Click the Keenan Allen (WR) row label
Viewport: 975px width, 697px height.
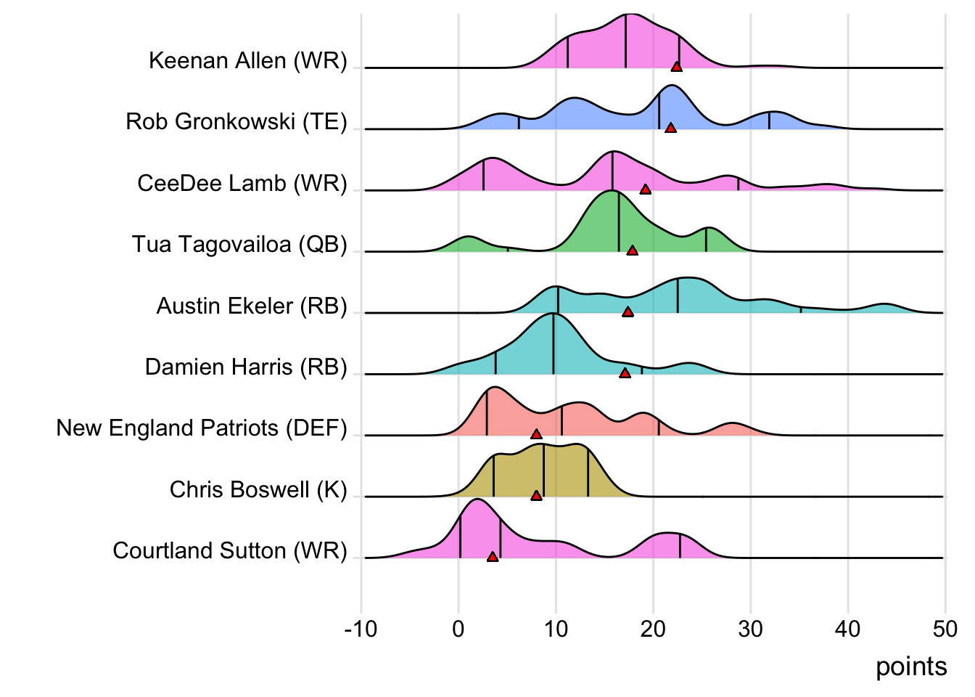coord(247,60)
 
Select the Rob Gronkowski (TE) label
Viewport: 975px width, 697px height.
coord(236,121)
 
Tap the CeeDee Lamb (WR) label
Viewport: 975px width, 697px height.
coord(242,183)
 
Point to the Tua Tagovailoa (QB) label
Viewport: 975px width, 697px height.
coord(239,244)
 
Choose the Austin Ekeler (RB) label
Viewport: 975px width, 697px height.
coord(252,306)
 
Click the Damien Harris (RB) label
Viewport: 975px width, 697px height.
coord(246,367)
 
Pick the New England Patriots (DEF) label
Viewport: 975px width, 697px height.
coord(202,428)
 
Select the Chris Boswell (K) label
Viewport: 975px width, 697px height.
coord(258,489)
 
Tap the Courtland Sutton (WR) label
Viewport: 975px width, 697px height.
coord(230,550)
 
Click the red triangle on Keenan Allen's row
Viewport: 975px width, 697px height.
coord(676,67)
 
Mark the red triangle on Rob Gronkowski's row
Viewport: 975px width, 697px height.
coord(670,128)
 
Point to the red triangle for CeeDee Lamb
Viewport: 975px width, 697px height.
coord(645,189)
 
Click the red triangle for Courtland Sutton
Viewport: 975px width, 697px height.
coord(493,557)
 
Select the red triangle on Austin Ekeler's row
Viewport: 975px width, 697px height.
coord(628,312)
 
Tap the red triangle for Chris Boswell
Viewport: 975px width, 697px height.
coord(536,496)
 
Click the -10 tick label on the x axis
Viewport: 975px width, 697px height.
coord(361,629)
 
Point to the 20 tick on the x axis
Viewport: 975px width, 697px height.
coord(653,629)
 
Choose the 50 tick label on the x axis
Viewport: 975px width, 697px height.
coord(945,629)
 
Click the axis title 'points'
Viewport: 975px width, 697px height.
coord(911,667)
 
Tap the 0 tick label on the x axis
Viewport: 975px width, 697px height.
coord(458,629)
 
